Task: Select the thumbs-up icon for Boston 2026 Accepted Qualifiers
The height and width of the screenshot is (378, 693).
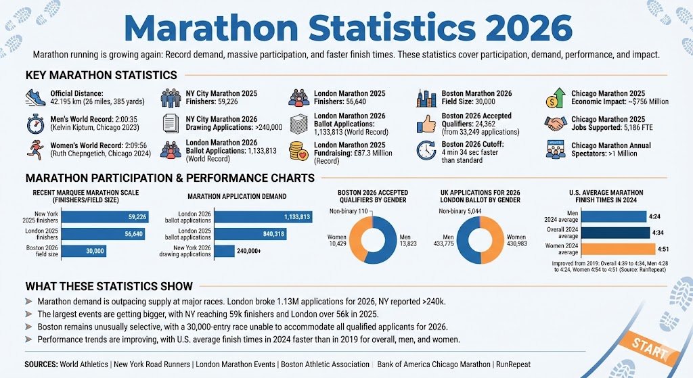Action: click(x=426, y=123)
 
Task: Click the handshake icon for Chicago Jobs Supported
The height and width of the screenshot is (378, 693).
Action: click(x=556, y=123)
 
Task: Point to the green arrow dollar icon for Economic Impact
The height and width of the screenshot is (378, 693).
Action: click(x=556, y=98)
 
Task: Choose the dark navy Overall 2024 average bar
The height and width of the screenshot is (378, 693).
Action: click(x=600, y=233)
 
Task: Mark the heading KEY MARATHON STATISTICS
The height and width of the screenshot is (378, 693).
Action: click(x=101, y=76)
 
